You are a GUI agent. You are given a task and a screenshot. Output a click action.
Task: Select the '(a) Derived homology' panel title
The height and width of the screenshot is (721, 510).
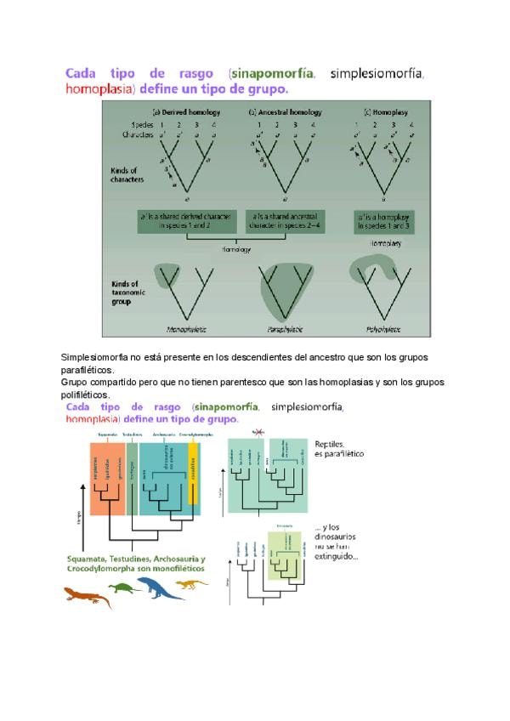click(x=187, y=112)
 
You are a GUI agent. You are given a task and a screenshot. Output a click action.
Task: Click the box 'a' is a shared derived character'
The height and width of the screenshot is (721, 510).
click(x=187, y=221)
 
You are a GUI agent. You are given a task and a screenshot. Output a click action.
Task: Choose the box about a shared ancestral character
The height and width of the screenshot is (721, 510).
click(x=286, y=221)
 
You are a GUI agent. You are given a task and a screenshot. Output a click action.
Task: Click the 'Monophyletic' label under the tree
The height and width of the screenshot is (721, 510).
click(x=187, y=329)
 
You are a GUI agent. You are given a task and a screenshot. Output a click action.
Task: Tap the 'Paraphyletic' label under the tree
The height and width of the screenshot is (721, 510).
click(x=285, y=329)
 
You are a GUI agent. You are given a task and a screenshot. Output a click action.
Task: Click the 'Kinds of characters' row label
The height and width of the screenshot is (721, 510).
click(x=127, y=174)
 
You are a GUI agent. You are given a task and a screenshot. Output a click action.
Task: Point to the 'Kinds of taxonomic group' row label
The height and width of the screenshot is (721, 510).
click(x=128, y=292)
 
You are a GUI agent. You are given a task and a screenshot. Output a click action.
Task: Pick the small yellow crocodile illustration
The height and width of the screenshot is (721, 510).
click(x=192, y=583)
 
